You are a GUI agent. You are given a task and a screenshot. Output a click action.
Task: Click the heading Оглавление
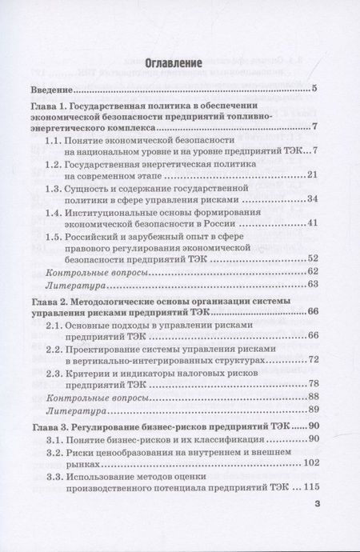pos(179,62)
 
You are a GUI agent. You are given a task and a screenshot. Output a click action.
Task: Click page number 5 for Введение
pos(316,88)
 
